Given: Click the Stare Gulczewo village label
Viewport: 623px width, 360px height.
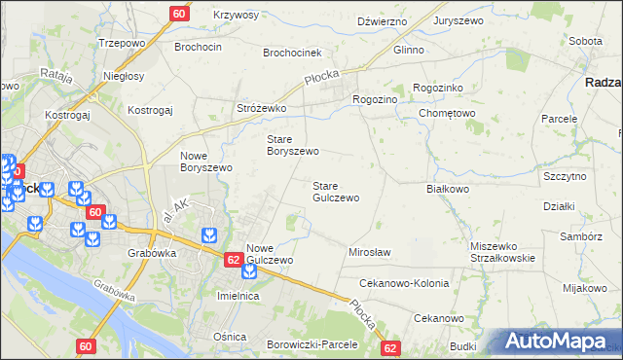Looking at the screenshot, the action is (336, 191).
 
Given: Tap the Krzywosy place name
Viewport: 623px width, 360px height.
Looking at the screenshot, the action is (236, 15).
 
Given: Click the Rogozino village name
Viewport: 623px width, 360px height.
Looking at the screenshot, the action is (375, 99).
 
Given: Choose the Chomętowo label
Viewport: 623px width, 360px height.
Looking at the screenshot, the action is (446, 113).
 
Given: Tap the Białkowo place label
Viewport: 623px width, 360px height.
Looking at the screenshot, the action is (448, 190).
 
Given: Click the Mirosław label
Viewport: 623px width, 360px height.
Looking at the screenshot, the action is (369, 252).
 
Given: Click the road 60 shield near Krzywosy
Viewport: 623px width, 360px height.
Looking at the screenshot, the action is (179, 14).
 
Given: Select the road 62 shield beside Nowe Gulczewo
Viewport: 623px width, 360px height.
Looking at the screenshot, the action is (233, 260).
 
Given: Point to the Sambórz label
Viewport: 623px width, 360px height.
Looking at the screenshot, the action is (581, 236).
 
